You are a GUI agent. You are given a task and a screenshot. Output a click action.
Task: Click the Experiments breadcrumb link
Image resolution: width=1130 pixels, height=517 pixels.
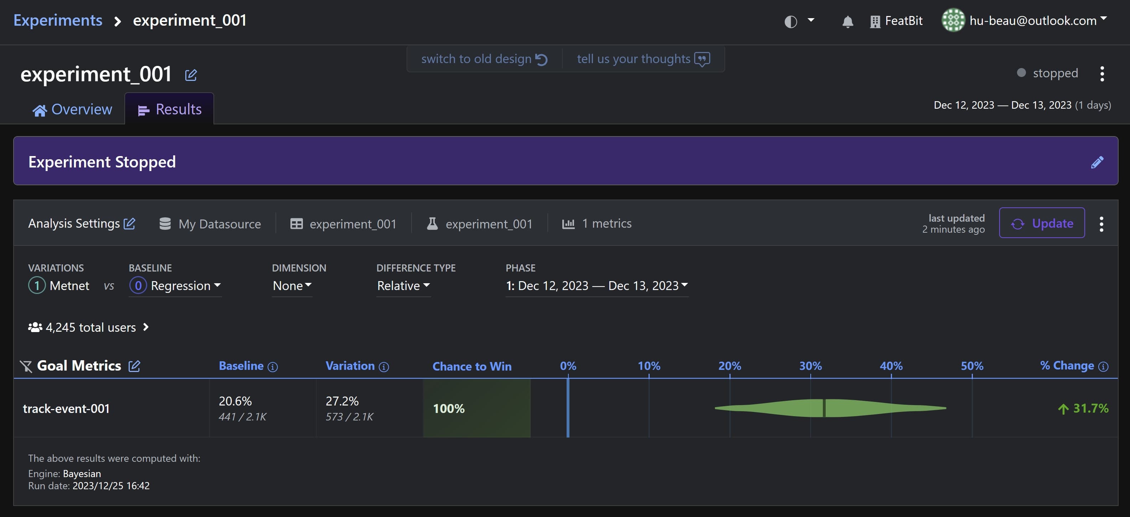[57, 20]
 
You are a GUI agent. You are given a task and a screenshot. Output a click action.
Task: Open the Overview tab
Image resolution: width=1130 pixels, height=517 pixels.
[73, 109]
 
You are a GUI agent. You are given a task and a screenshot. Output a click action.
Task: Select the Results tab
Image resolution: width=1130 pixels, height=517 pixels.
[170, 109]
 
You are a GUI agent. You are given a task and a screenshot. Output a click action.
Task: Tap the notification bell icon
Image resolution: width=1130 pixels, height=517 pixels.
[847, 21]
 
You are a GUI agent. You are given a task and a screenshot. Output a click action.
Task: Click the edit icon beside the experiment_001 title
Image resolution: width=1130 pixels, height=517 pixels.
[191, 75]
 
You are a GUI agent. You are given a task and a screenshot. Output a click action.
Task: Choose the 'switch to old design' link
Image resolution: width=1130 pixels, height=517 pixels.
[484, 59]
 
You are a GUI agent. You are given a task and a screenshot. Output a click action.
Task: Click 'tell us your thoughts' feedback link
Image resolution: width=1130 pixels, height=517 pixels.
[643, 59]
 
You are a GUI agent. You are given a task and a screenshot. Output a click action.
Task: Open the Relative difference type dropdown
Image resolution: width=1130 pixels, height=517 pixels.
[403, 285]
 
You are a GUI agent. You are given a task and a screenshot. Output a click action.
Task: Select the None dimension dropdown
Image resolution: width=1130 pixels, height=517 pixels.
[292, 285]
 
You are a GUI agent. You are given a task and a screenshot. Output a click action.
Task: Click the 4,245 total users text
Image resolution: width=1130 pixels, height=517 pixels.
[91, 327]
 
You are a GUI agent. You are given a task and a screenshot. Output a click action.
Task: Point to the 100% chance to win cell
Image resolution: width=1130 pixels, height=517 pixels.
[476, 408]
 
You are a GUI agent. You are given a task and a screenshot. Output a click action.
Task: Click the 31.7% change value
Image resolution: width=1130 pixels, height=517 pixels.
[1090, 408]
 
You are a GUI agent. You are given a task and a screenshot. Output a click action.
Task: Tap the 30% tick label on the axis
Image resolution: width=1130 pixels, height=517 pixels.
[810, 366]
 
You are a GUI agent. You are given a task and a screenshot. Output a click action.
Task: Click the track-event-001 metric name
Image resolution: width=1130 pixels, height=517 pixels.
[66, 408]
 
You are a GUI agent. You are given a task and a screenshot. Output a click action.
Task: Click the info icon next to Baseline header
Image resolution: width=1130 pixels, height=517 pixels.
[272, 367]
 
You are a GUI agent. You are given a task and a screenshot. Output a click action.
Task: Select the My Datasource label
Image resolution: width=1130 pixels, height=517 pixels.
[219, 224]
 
